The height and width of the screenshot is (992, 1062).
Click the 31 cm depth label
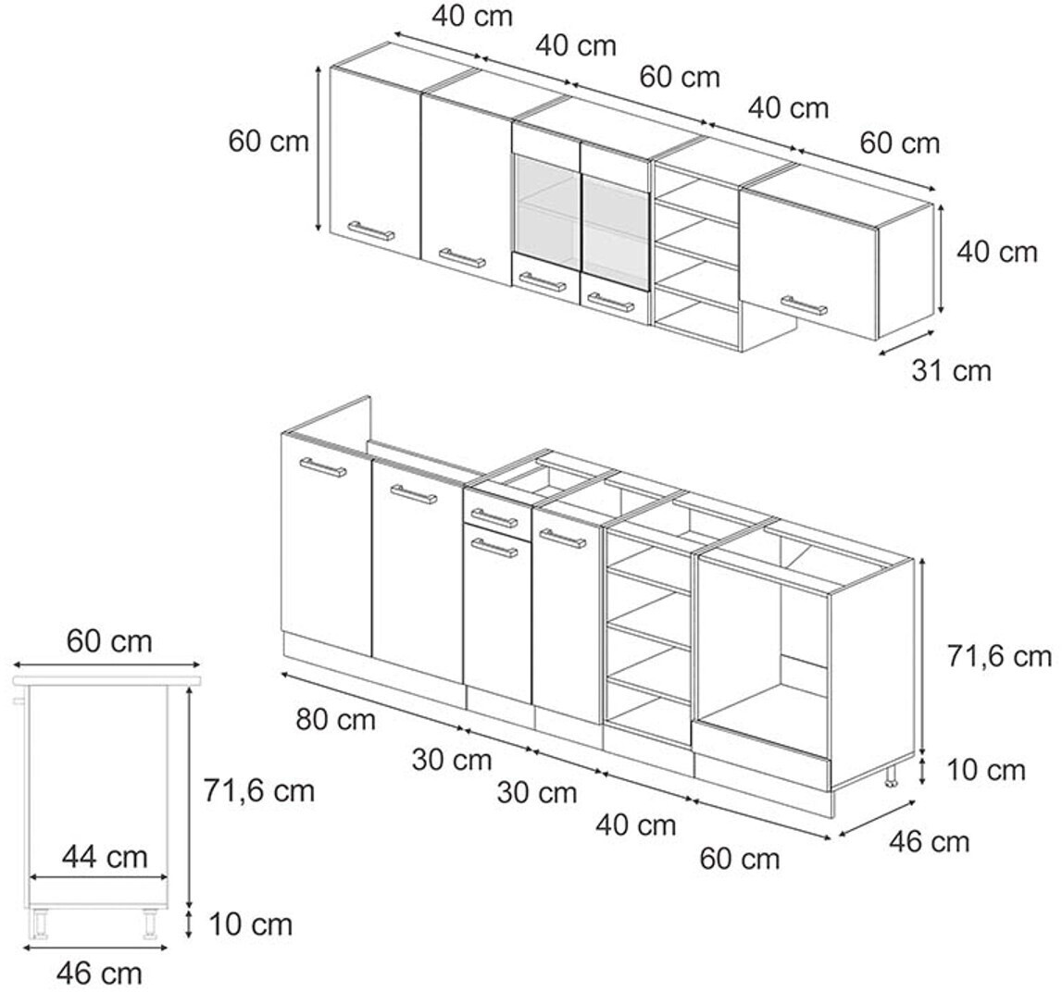click(x=951, y=370)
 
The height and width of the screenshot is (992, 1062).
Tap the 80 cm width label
click(x=336, y=719)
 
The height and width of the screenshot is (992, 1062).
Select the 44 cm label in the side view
click(x=105, y=857)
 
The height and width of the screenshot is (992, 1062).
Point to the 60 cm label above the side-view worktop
click(x=110, y=640)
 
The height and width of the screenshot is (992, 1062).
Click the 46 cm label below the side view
click(x=100, y=973)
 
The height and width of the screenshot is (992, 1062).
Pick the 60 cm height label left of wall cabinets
click(x=269, y=142)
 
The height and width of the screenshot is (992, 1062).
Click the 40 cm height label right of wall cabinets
click(x=997, y=252)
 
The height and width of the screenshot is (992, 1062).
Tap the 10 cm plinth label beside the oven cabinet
click(x=985, y=770)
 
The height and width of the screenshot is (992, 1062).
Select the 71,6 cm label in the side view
click(x=259, y=790)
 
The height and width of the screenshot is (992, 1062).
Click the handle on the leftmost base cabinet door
click(x=323, y=467)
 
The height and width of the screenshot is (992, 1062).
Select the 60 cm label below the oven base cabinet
click(x=740, y=859)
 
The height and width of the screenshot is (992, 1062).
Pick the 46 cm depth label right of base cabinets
click(x=930, y=841)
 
